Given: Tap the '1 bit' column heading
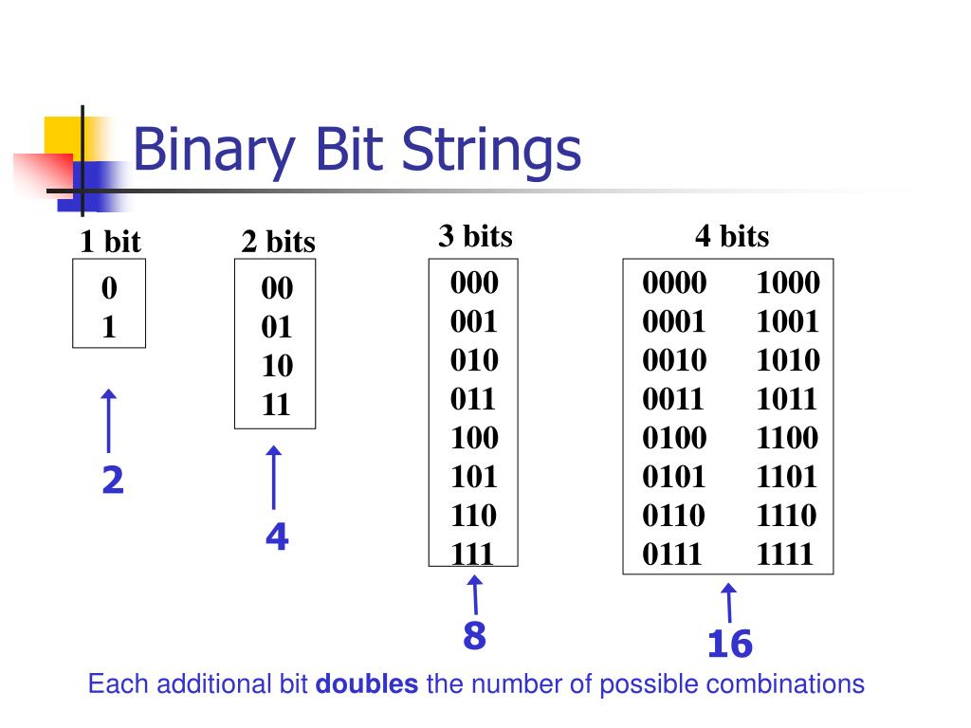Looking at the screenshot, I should coord(109,243).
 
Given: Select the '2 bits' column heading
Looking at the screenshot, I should coord(278,243).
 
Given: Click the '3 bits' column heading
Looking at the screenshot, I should coord(475,236).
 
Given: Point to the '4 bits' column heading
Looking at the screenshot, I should coord(731,236).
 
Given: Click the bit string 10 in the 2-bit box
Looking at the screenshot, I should coord(278,366).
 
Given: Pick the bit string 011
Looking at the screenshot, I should coord(473,399).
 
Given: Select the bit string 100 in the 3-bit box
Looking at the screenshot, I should coord(473,438).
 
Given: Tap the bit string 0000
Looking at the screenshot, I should coord(674,283).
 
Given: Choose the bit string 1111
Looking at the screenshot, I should coord(785,554).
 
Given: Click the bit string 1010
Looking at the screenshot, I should coord(787,361).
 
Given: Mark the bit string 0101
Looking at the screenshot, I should coord(674,477).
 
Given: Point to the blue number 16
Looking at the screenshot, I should coord(729,645).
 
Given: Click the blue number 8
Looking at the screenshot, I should coord(474,636).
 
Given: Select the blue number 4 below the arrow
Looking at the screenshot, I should coord(277,537).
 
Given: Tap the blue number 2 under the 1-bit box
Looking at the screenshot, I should coord(113,482).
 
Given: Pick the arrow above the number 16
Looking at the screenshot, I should coord(729,604).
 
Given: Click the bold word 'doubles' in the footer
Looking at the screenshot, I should coord(366,684).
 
